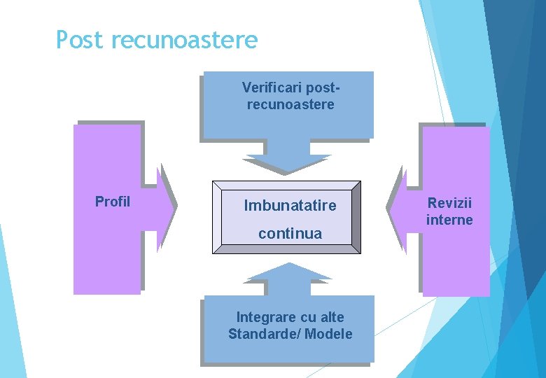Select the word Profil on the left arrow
coord(113,202)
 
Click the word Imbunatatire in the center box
coord(290,206)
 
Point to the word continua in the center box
coord(290,234)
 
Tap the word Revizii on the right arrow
coord(450,203)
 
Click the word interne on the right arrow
coord(450,220)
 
